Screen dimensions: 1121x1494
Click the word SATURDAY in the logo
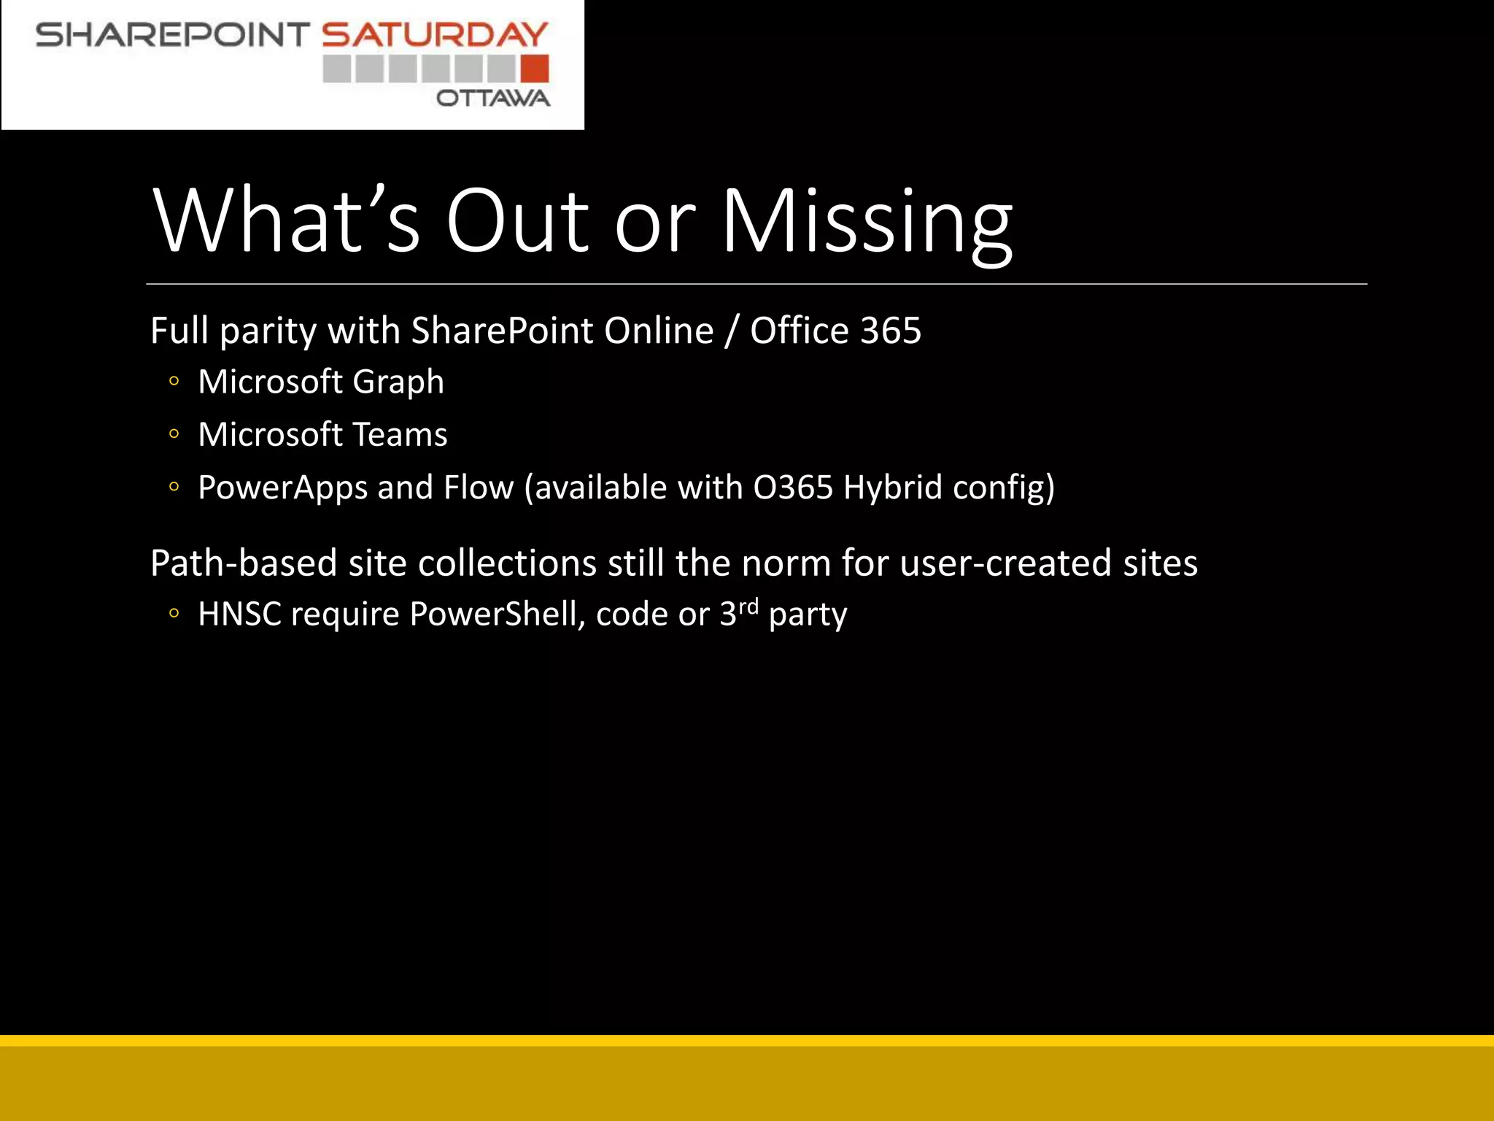pos(435,35)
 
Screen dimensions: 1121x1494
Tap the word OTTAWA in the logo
pos(493,98)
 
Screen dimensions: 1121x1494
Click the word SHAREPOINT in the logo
pos(173,35)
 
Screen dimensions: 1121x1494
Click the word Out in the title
pos(516,221)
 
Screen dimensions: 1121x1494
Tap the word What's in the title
pos(286,221)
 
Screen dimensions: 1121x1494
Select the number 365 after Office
pos(891,331)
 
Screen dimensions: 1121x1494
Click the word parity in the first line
pos(268,332)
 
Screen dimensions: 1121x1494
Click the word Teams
pos(400,435)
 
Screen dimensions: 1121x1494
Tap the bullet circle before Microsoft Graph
pos(174,381)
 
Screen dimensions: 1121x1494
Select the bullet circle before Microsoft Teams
pos(174,434)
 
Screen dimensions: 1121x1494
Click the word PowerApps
pos(282,488)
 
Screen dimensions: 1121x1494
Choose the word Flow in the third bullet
pos(479,488)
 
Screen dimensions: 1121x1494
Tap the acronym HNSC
pos(239,615)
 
